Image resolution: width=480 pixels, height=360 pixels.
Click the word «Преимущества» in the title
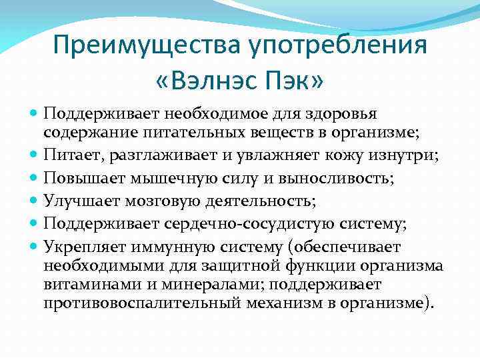[x=147, y=47]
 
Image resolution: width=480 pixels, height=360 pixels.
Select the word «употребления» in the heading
[x=337, y=47]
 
